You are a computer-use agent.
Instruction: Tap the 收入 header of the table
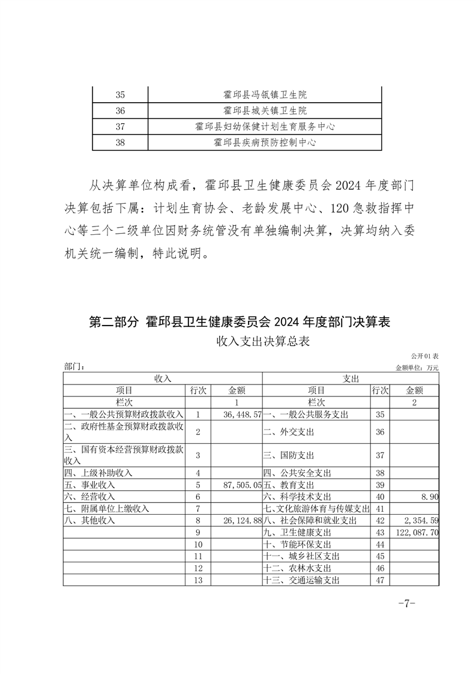pos(163,378)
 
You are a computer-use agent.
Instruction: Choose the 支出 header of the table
pos(351,378)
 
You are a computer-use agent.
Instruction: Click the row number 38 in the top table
pos(119,142)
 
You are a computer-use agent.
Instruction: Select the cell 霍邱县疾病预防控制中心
pos(265,142)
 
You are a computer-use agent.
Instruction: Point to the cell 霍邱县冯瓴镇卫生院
pos(265,95)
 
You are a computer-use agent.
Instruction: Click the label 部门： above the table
pos(74,366)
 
